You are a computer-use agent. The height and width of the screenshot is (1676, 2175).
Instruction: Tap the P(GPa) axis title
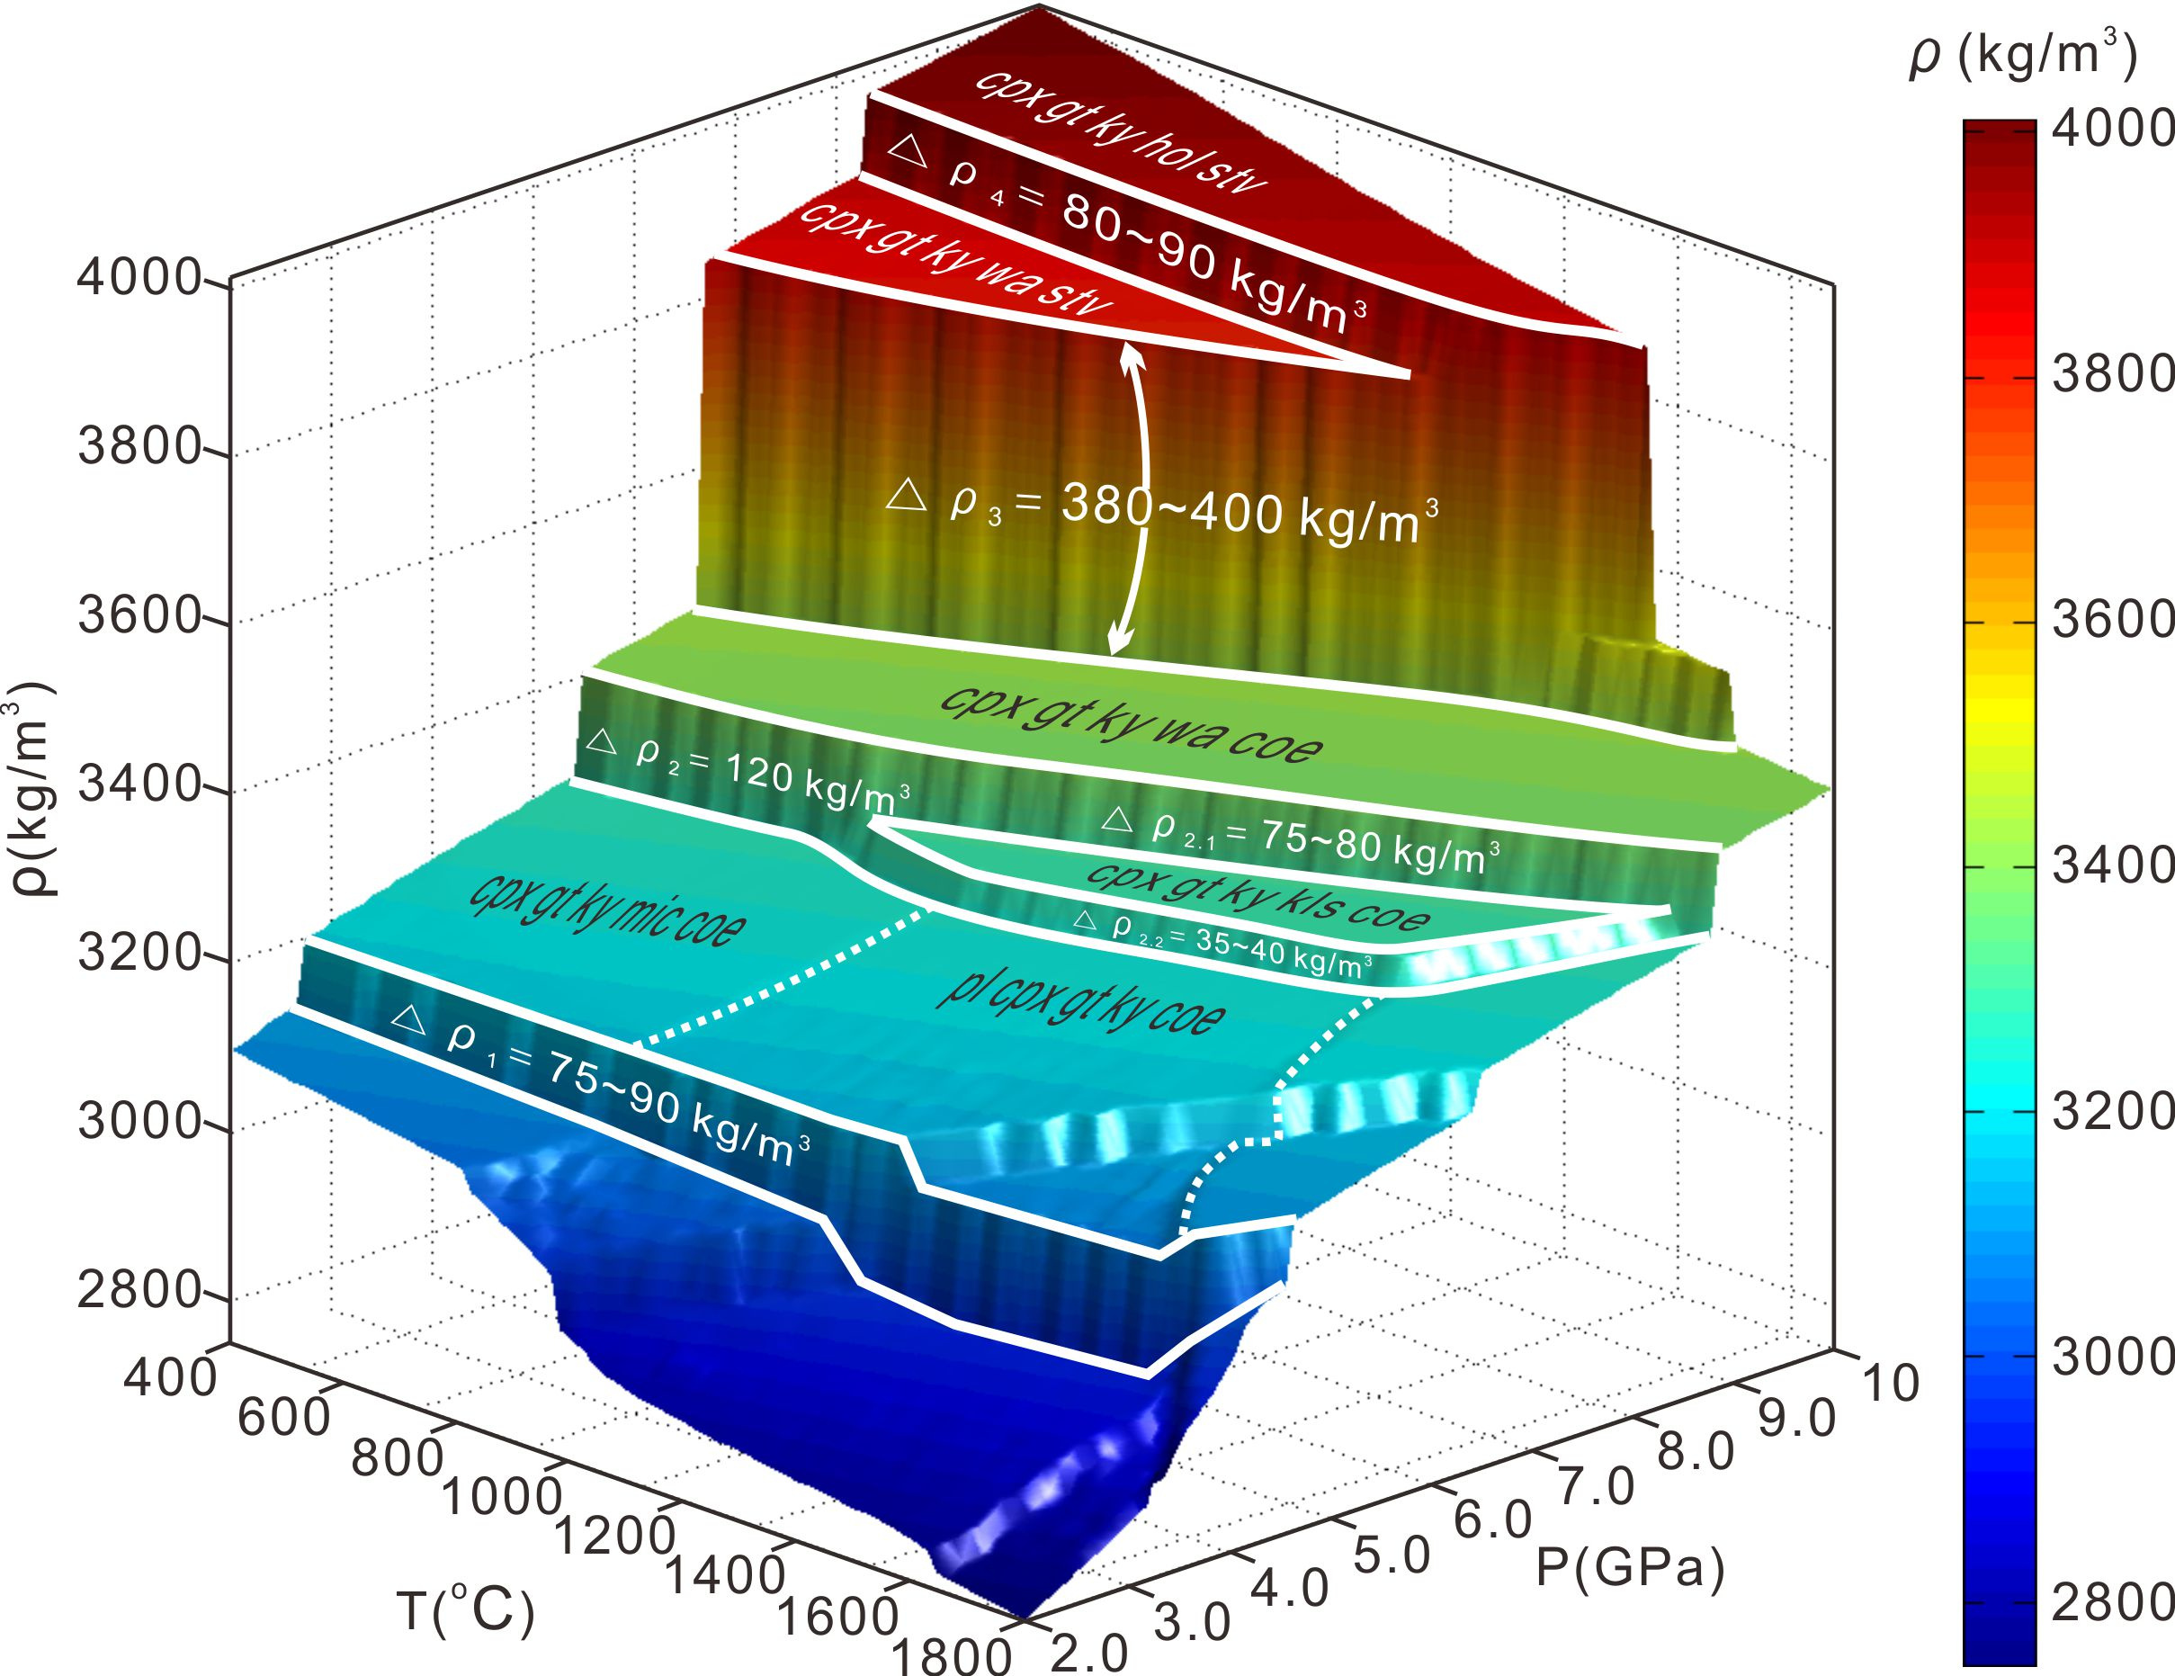tap(1630, 1566)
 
